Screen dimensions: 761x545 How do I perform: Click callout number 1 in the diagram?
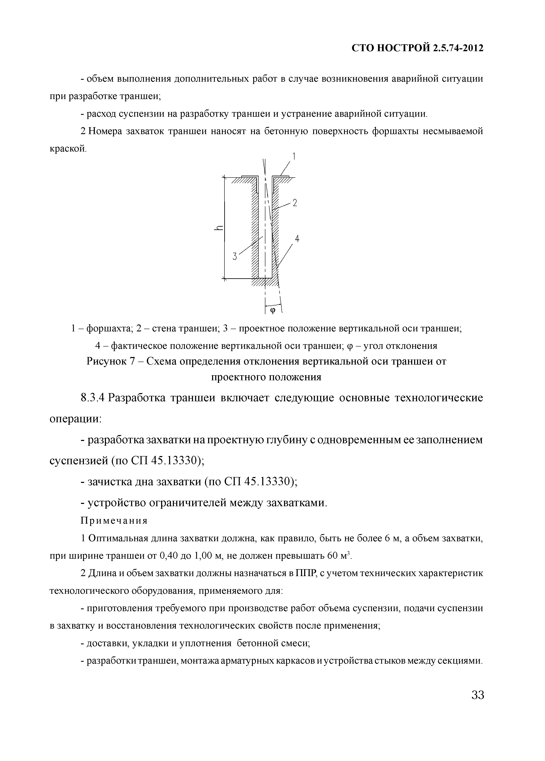point(294,156)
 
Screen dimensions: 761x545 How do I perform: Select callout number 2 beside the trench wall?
point(295,203)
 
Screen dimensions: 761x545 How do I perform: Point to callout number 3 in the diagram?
point(235,257)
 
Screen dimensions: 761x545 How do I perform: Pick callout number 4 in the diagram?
point(297,239)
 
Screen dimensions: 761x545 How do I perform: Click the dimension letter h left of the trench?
point(219,228)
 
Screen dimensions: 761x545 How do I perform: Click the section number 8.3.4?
point(93,398)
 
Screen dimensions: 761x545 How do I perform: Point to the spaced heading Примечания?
point(114,521)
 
